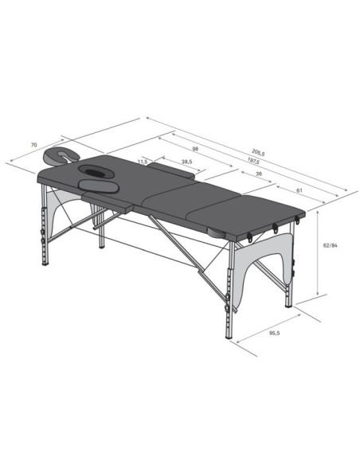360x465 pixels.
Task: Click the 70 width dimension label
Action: [33, 145]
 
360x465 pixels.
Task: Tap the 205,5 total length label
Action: [258, 153]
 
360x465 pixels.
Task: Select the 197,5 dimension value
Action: [253, 161]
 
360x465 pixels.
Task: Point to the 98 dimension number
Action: [195, 149]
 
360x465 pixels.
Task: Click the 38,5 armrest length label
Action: [187, 162]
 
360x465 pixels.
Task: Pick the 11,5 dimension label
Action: [143, 162]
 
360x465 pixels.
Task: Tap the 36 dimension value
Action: [259, 174]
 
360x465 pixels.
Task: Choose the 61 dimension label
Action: [299, 190]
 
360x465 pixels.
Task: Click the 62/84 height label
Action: [330, 245]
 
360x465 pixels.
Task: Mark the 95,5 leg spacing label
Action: [274, 333]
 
